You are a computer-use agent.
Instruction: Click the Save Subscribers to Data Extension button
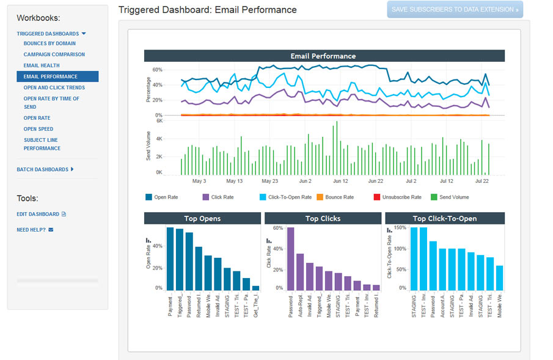click(x=455, y=9)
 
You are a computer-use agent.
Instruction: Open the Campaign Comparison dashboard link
click(x=54, y=54)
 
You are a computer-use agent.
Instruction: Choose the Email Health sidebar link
click(x=42, y=65)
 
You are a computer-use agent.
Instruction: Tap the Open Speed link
click(x=38, y=129)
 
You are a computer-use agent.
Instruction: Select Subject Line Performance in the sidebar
click(x=42, y=144)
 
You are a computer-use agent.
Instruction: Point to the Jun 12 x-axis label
click(x=340, y=182)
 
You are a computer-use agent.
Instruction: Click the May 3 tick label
click(x=199, y=182)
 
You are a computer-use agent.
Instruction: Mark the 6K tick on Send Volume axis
click(x=159, y=121)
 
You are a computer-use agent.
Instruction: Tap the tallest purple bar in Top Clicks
click(x=291, y=259)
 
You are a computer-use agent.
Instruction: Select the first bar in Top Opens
click(x=170, y=259)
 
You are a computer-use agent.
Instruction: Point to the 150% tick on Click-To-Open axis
click(x=399, y=228)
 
